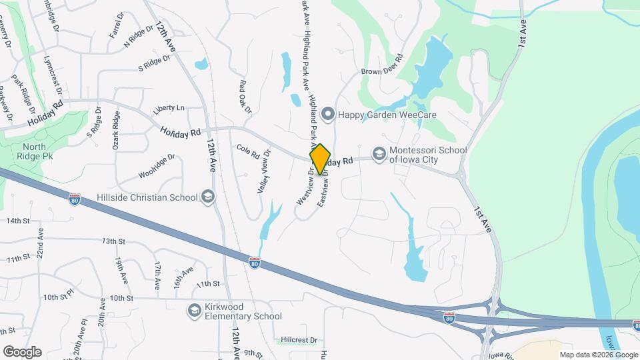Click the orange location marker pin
pos(320,159)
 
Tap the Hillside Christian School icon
pos(209,197)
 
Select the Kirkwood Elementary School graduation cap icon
pos(194,310)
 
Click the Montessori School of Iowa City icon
pos(379,155)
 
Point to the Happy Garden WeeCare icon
pos(327,114)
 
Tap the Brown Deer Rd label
pos(383,68)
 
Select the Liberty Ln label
pos(169,108)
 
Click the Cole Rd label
pos(247,151)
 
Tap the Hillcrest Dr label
pos(299,339)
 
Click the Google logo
pos(22,351)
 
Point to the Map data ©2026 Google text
pos(597,355)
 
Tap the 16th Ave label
pos(183,277)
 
